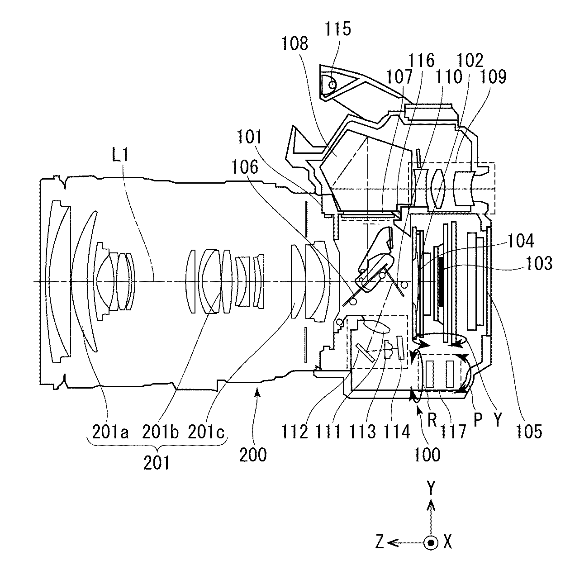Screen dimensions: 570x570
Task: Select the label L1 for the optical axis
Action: (119, 157)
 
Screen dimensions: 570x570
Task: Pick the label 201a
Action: (111, 432)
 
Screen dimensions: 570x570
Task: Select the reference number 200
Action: (253, 454)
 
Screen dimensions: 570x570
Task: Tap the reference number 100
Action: (427, 454)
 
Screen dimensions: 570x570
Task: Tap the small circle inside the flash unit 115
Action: (333, 84)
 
